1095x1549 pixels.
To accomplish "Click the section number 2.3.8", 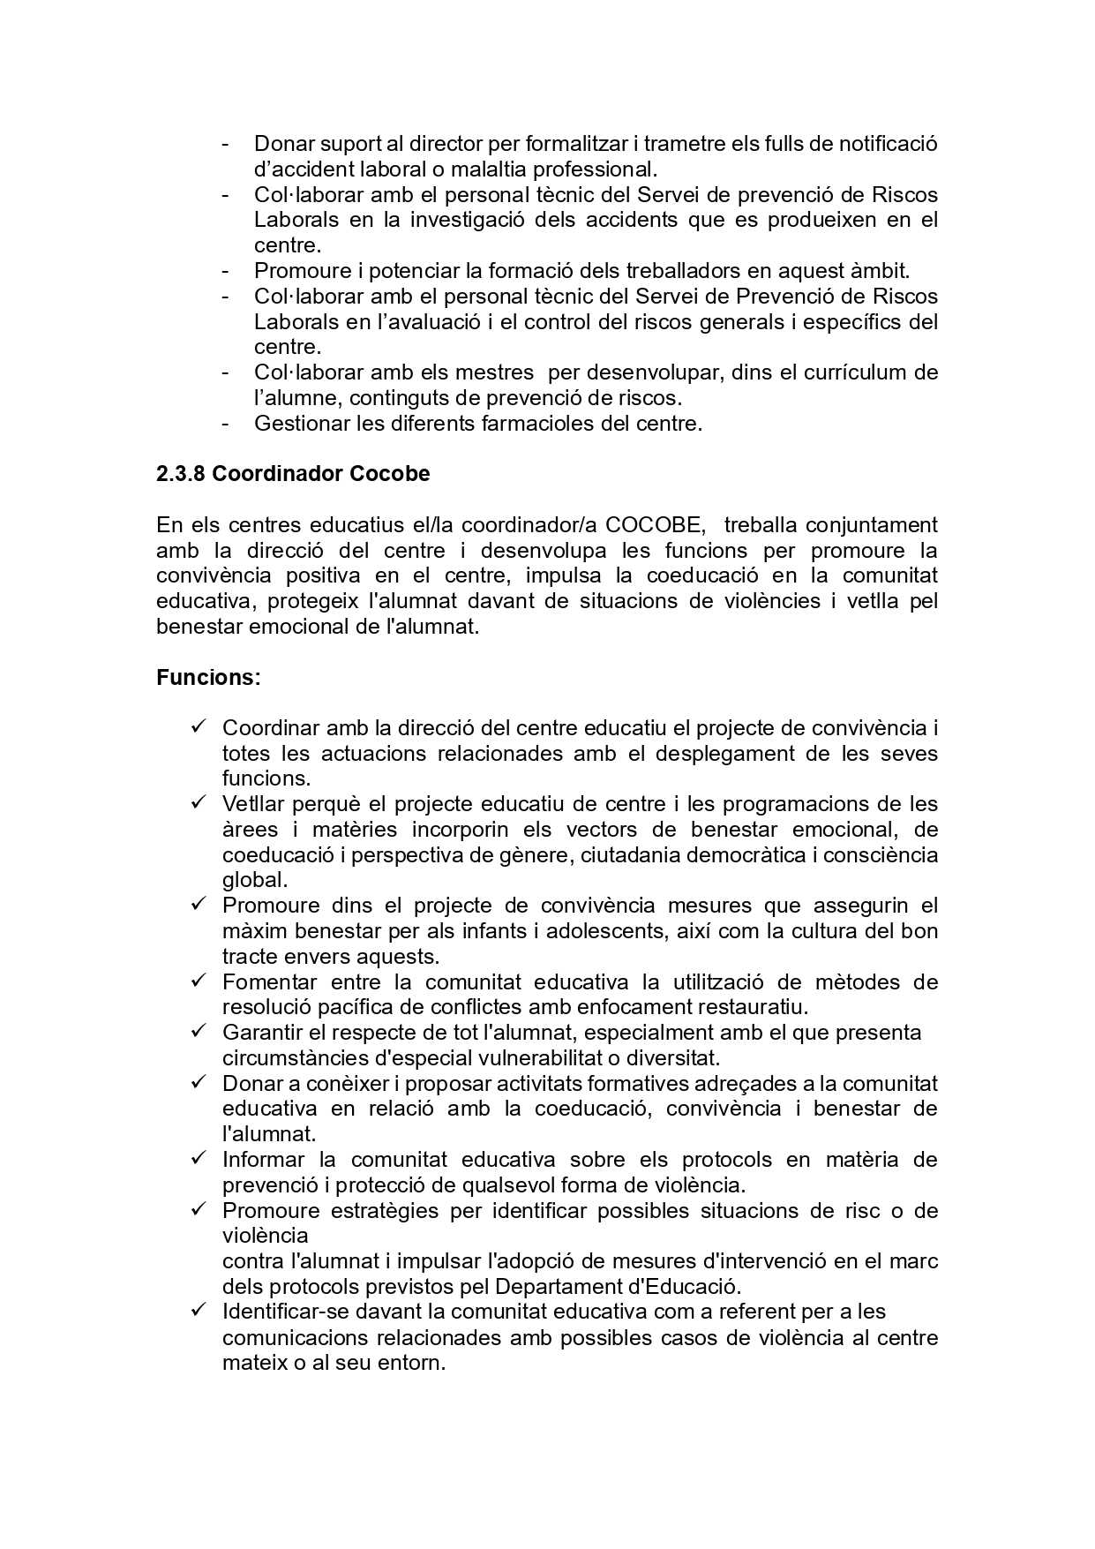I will click(x=181, y=474).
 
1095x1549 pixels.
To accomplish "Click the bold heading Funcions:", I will click(x=208, y=678).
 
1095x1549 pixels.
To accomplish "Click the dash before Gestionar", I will click(x=227, y=424).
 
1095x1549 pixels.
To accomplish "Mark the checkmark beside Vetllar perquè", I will click(x=199, y=803).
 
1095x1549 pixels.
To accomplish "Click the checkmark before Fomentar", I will click(x=199, y=981).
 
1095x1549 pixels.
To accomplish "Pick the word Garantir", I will click(x=262, y=1033).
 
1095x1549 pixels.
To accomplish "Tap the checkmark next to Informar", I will click(x=199, y=1158).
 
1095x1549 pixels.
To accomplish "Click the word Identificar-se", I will click(x=289, y=1312).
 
